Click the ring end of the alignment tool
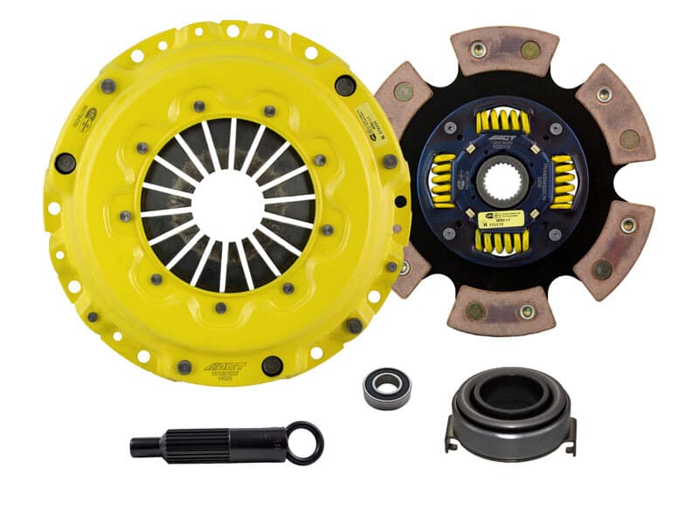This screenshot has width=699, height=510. click(x=305, y=442)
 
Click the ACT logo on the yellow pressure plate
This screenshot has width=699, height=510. click(x=225, y=365)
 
